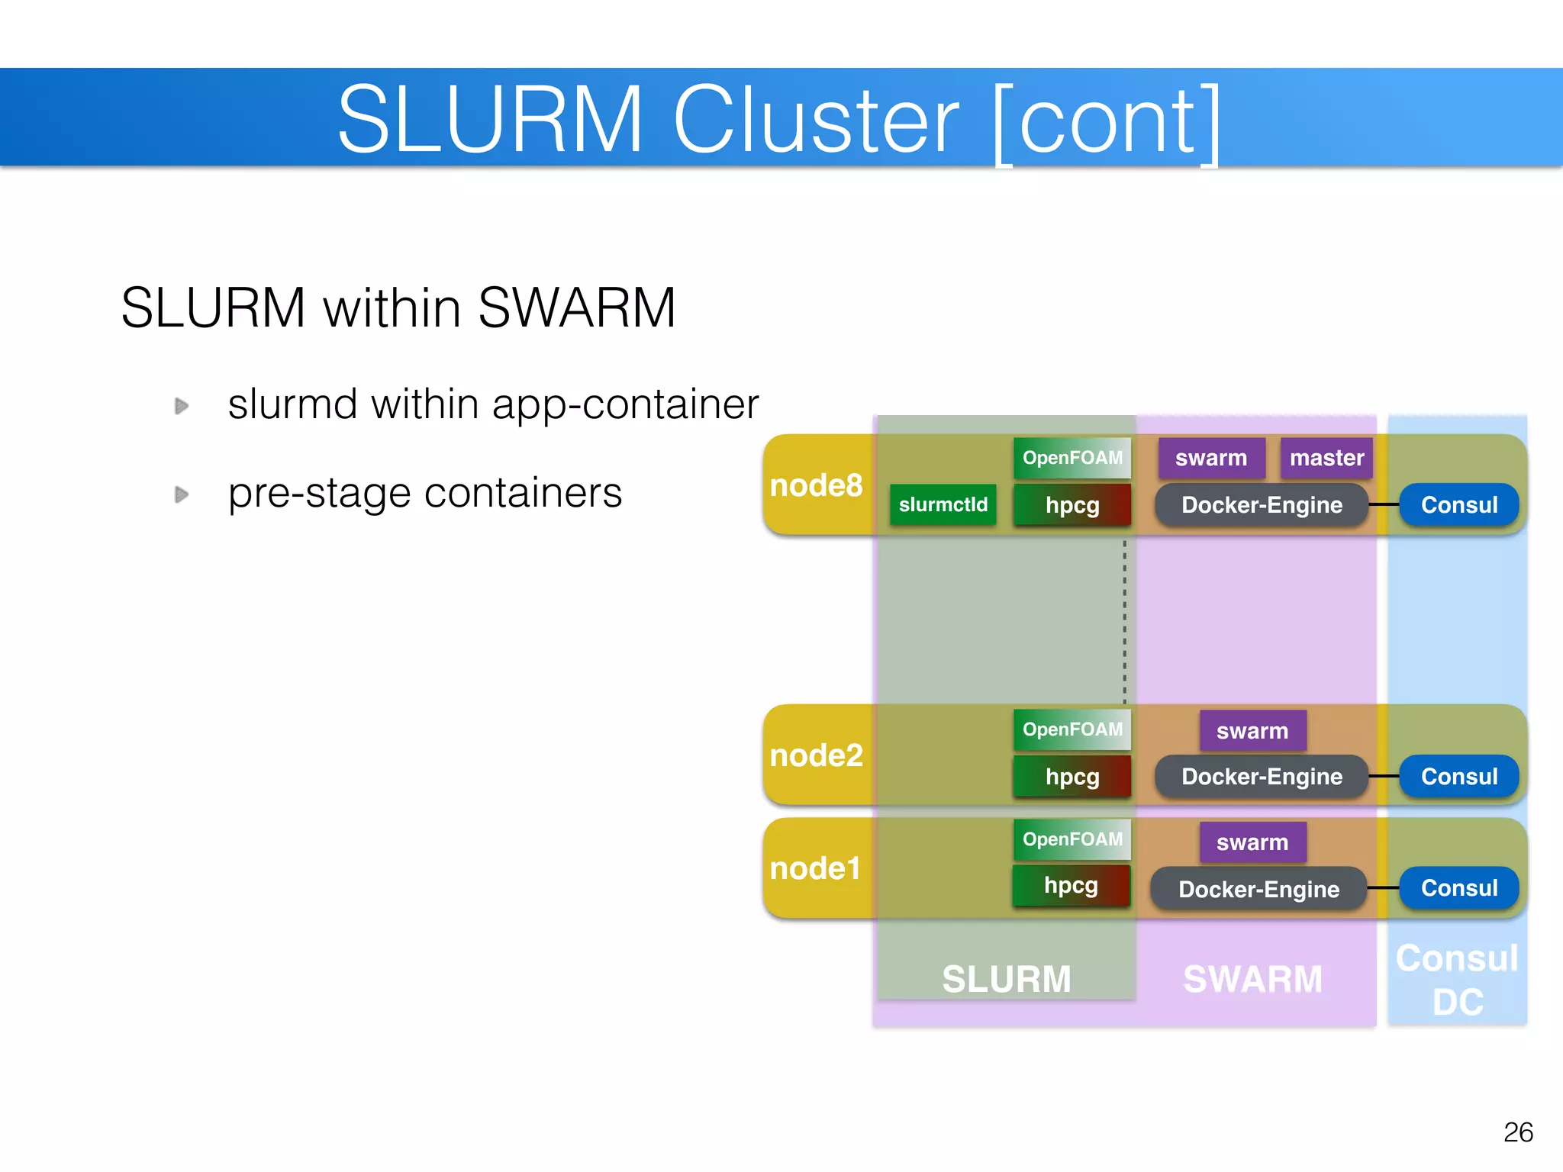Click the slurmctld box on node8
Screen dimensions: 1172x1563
943,504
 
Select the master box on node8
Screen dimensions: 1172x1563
1326,458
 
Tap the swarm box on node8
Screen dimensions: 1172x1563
1211,458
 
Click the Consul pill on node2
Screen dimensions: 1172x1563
1458,776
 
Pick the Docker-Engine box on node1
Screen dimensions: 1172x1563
1258,889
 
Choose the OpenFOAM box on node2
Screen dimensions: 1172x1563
1072,729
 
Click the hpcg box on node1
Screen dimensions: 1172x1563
1071,885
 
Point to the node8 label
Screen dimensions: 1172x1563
816,485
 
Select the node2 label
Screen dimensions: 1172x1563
816,755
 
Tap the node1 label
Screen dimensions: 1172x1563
815,868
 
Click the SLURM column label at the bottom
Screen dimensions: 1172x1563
1006,979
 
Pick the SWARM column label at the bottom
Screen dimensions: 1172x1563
1252,979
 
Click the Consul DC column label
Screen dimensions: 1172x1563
1457,980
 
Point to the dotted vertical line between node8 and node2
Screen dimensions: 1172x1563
1124,622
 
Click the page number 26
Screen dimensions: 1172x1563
1518,1132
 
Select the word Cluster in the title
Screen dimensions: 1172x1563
815,120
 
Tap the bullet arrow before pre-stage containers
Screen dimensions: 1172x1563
181,494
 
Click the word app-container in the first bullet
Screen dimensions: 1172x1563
625,404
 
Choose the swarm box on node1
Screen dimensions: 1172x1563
1252,842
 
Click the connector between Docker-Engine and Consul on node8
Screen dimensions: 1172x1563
1384,504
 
